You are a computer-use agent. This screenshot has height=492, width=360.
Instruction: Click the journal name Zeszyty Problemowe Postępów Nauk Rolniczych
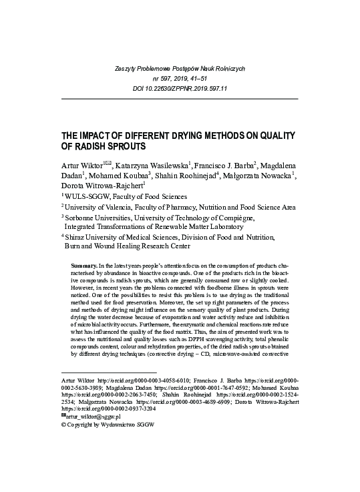[x=180, y=69]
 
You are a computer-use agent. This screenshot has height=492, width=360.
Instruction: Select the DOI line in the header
[x=180, y=88]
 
